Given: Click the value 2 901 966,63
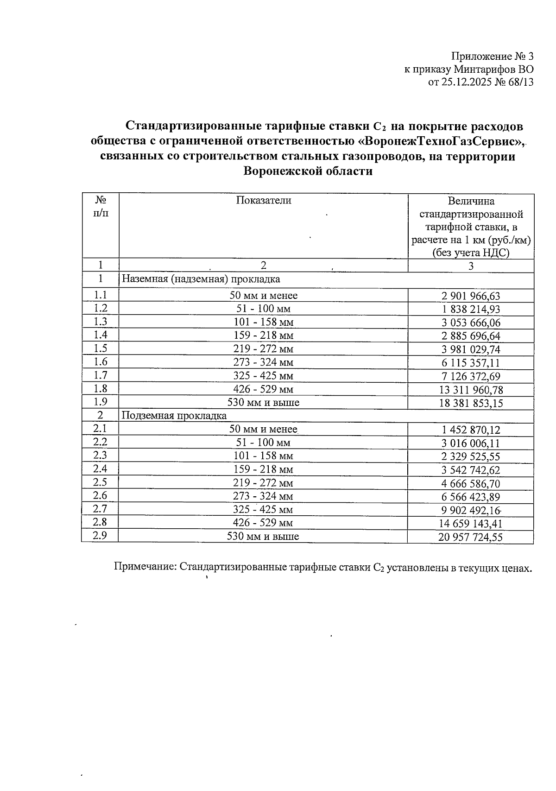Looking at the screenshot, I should pos(471,296).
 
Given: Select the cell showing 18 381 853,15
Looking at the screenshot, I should pos(471,403).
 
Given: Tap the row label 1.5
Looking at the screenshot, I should pos(100,348).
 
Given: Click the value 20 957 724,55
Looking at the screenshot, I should pos(470,537).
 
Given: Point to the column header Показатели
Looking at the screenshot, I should pos(264,200).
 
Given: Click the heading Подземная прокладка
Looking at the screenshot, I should pos(174,416).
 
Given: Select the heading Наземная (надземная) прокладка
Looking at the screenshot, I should pos(201,279).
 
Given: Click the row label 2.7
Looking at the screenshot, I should pos(100,509).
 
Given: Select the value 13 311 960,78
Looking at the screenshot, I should pos(471,390).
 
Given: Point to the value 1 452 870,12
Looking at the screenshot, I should pos(471,430).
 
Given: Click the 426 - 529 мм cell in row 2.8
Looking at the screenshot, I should pos(263,523).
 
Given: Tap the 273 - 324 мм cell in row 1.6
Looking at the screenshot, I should pos(263,362).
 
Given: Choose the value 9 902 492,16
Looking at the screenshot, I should pos(471,510).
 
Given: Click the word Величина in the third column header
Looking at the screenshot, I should pos(471,201).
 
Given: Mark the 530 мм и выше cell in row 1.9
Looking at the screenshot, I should pos(263,402).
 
